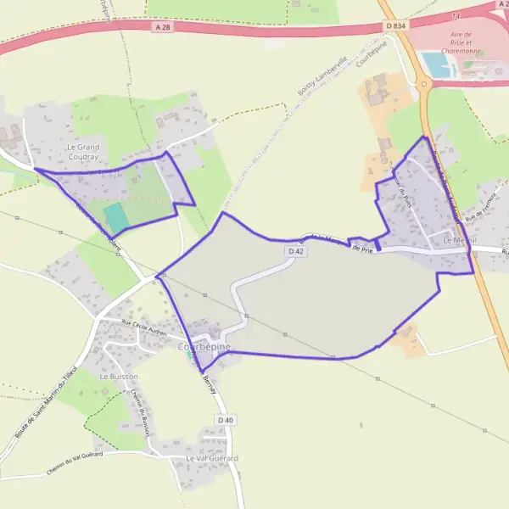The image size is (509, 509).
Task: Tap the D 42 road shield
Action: (x=295, y=251)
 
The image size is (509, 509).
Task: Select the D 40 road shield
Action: (x=224, y=420)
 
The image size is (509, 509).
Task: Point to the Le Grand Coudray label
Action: (x=82, y=152)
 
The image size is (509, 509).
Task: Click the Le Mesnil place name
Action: (x=459, y=241)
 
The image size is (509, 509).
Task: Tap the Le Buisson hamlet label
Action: (x=118, y=376)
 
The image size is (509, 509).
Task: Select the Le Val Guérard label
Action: (x=212, y=458)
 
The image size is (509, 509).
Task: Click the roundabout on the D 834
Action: (x=422, y=82)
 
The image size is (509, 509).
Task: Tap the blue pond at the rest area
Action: (x=436, y=65)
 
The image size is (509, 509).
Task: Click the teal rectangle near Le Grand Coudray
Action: (x=117, y=215)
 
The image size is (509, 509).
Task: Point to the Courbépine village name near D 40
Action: (x=204, y=347)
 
